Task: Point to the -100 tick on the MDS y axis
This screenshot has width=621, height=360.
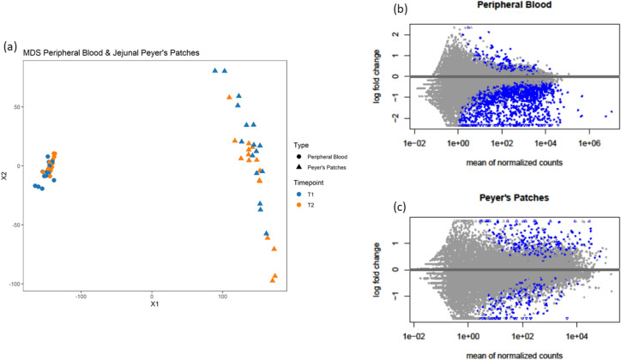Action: (x=21, y=284)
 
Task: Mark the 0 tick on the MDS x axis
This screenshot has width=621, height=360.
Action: (x=152, y=297)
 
